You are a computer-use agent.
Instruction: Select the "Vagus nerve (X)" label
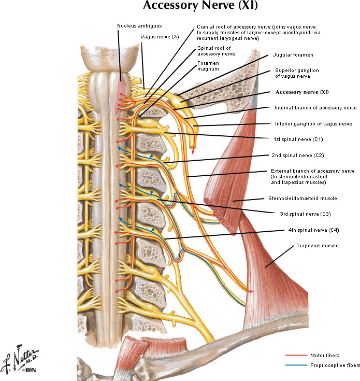[160, 37]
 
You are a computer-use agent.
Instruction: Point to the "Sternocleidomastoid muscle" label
[303, 198]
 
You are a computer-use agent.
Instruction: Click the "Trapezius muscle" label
[318, 246]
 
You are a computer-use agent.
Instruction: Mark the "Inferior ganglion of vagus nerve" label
[313, 124]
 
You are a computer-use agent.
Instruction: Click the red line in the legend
[296, 355]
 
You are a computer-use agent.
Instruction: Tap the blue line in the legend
[296, 365]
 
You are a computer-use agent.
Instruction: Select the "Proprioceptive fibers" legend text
[335, 365]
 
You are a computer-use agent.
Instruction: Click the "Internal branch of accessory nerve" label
[315, 108]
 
